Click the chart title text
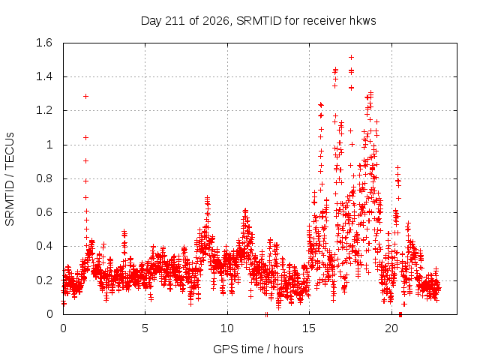258,21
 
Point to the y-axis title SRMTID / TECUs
10,179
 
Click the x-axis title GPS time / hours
258,349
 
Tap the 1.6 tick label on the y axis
44,43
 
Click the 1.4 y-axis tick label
44,76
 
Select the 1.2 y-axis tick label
44,110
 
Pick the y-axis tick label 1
49,145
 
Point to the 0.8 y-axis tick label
44,178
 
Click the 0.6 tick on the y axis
44,212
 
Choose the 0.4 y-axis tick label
44,246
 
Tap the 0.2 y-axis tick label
44,280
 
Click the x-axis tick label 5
145,328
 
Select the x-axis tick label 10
227,328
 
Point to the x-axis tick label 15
309,328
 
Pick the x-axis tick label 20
391,328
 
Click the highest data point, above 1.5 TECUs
352,57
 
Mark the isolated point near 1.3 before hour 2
86,97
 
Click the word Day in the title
151,21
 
